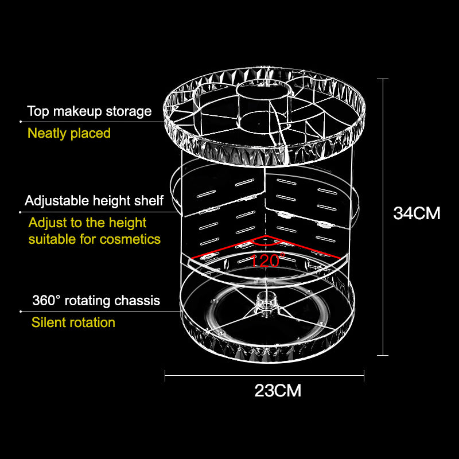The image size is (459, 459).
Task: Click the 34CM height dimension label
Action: (x=417, y=213)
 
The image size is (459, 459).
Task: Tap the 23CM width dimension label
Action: (x=278, y=391)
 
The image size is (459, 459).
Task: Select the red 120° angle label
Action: (x=267, y=260)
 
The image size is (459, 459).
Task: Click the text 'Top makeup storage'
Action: (x=90, y=111)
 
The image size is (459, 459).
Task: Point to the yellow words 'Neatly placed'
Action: (x=69, y=133)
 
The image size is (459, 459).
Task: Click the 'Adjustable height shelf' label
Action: (x=94, y=201)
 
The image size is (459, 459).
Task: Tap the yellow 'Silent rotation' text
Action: (x=73, y=322)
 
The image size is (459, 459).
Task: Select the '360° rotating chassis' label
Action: (x=96, y=300)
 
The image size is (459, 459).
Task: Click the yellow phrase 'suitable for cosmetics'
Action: (x=95, y=239)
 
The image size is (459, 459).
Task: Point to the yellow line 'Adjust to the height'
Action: (x=87, y=223)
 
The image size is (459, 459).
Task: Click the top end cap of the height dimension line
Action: (x=383, y=79)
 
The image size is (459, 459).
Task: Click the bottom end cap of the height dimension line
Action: (x=383, y=355)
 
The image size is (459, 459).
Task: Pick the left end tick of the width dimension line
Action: (x=165, y=376)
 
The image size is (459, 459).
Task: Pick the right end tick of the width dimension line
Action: (x=364, y=376)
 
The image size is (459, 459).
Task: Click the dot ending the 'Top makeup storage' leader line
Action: (x=21, y=122)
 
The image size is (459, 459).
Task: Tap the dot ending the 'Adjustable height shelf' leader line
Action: (x=20, y=212)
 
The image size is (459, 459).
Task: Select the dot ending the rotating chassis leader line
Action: (x=21, y=312)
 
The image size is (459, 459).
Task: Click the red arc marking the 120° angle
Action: (x=266, y=244)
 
